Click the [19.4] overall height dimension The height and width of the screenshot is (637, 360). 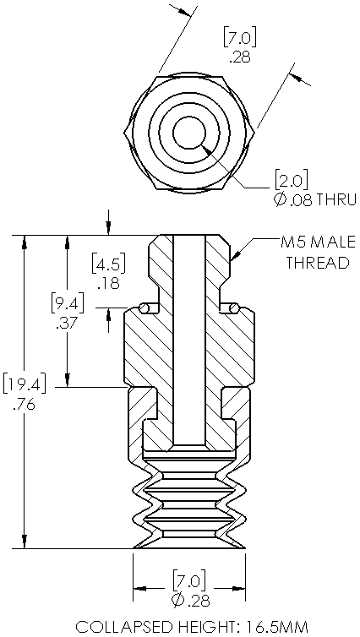(24, 384)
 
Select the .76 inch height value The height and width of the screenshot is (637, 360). (24, 404)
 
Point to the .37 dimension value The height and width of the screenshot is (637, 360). (68, 324)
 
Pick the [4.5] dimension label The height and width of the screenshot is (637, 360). (108, 263)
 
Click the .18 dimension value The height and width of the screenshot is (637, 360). (109, 283)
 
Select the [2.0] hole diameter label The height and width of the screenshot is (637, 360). (292, 180)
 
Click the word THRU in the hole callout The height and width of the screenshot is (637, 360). (336, 200)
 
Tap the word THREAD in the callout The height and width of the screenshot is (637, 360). (318, 263)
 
